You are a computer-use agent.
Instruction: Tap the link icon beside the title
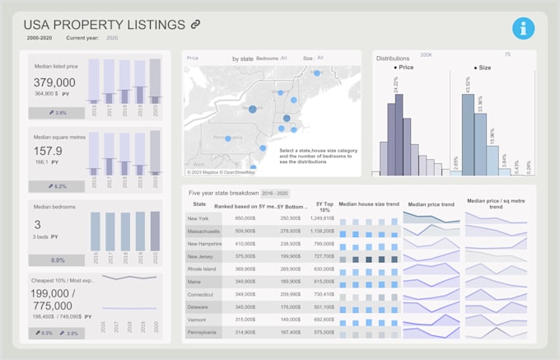coord(195,25)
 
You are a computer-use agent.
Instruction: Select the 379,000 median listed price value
coord(55,82)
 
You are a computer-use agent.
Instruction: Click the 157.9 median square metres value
coord(48,151)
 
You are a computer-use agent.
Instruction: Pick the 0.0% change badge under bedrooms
coord(58,259)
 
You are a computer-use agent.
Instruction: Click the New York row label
coord(198,218)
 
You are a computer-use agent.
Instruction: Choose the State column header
coord(199,203)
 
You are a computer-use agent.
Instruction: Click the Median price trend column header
coord(431,203)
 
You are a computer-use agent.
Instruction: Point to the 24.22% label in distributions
coord(396,85)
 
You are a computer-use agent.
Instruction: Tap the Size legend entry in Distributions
coord(483,68)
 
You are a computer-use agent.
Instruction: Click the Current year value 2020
coord(112,38)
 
